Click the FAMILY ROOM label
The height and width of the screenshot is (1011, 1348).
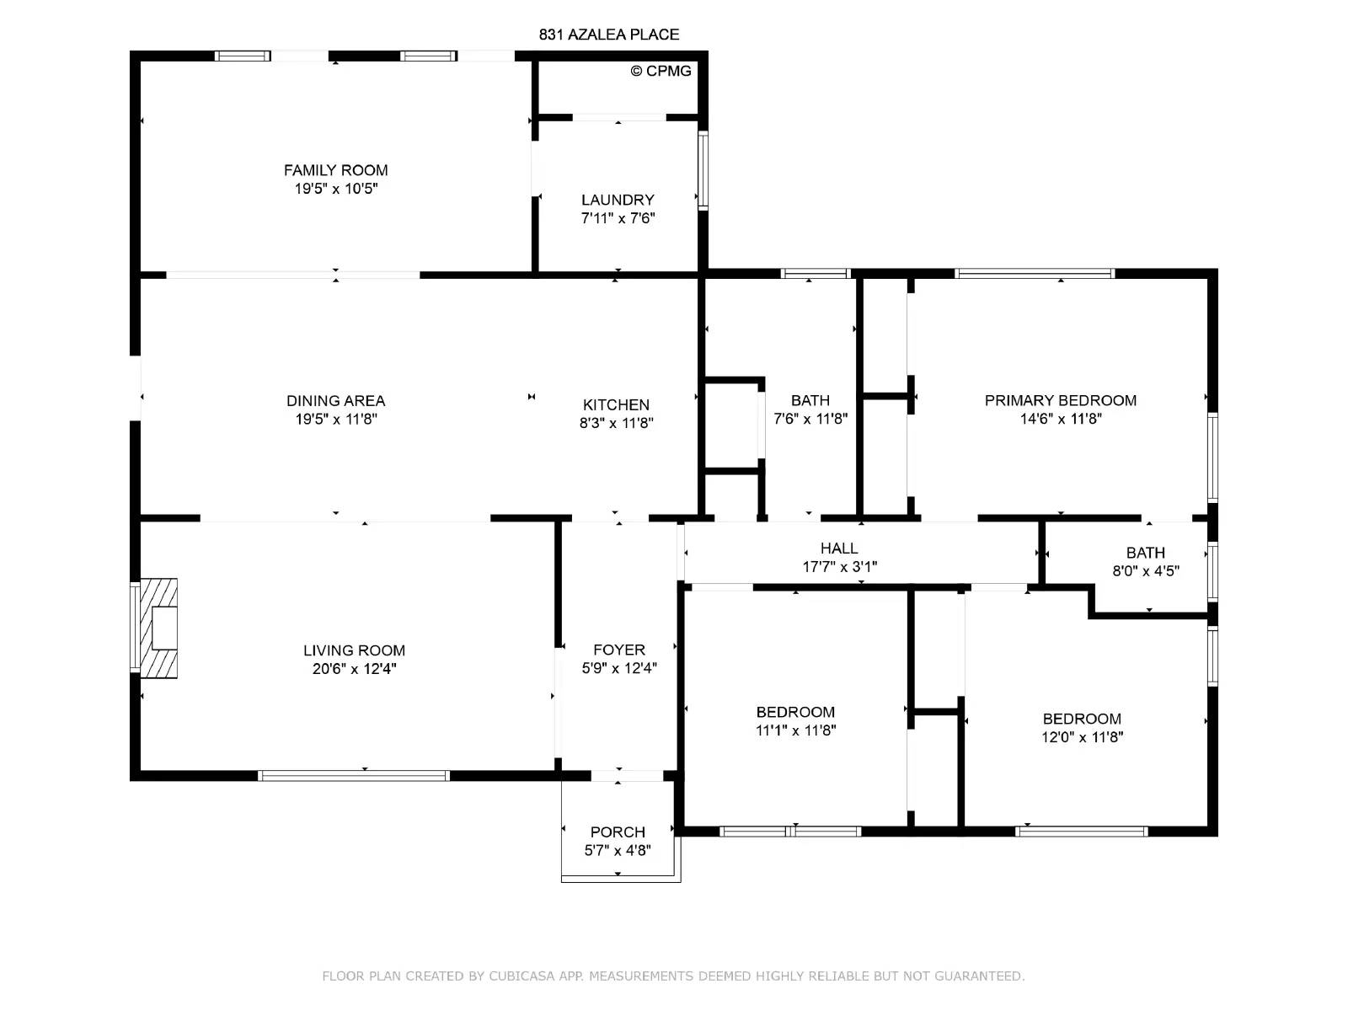335,170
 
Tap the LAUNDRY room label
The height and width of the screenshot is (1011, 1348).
618,201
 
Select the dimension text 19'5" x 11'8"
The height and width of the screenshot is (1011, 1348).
336,420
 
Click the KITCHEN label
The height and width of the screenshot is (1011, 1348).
616,405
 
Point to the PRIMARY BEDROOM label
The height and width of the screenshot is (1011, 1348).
1061,401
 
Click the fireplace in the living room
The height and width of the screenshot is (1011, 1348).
159,628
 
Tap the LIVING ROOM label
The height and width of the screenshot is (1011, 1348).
355,650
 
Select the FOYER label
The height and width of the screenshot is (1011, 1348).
619,650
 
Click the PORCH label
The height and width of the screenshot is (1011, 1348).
618,832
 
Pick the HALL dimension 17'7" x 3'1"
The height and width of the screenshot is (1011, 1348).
839,566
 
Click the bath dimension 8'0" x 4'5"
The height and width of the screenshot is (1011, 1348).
1146,571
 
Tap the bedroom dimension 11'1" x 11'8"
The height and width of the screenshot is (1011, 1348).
796,730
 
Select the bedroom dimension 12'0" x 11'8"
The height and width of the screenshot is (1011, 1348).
1082,737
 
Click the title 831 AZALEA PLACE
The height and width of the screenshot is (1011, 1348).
609,35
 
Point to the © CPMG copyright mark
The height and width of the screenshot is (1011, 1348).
661,72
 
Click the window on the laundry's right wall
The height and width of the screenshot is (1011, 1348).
703,171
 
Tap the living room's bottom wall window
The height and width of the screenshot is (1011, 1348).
354,776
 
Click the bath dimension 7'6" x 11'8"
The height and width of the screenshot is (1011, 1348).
810,419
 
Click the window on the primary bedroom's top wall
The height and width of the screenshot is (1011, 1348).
1035,274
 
